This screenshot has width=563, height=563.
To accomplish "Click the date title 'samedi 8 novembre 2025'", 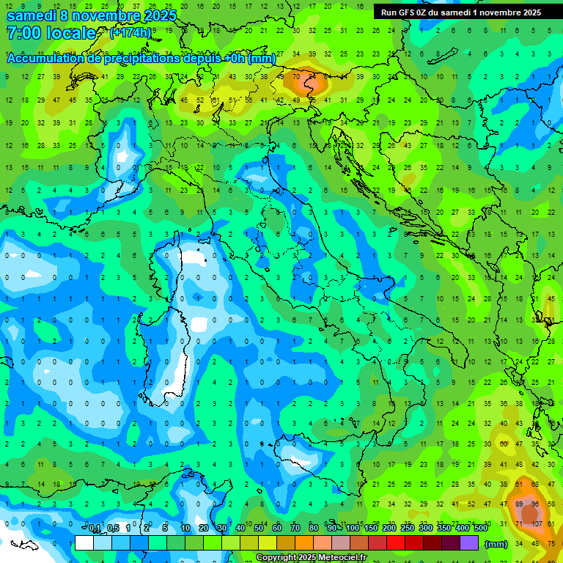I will [x=91, y=15].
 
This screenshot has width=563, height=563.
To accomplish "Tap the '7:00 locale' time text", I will [x=51, y=33].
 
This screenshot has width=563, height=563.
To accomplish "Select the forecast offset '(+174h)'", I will [x=130, y=33].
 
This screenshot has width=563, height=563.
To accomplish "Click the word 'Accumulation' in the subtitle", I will [x=45, y=59].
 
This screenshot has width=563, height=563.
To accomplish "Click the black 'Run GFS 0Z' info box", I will [x=461, y=12].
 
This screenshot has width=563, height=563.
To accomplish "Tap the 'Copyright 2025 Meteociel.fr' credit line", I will [x=311, y=557].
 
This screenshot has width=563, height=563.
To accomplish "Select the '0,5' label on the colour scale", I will [x=113, y=529].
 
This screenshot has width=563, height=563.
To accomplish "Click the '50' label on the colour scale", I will [x=259, y=529].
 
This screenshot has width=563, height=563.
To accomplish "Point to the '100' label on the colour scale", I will [x=353, y=529].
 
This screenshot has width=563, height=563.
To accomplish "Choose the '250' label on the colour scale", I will [x=408, y=529].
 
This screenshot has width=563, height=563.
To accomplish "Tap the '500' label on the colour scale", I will [x=480, y=529].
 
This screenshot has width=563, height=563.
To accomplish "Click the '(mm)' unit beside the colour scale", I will [x=496, y=544].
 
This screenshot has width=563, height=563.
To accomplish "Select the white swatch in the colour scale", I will [x=84, y=542].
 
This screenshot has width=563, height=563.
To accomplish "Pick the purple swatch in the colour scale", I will [x=469, y=542].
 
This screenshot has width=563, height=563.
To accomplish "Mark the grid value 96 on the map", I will [x=535, y=504].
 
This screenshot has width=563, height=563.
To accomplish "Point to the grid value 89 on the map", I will [x=519, y=504].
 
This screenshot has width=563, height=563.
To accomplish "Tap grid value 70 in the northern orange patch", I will [x=296, y=76].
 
